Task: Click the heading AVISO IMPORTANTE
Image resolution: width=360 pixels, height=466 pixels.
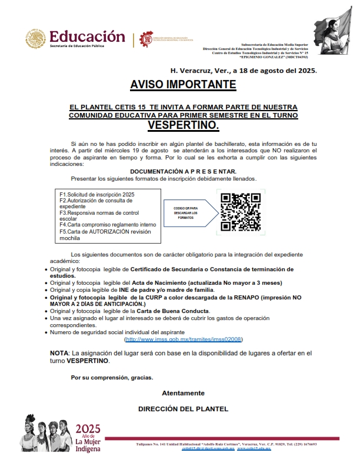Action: point(183,85)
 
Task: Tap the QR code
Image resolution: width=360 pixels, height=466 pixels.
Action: point(240,212)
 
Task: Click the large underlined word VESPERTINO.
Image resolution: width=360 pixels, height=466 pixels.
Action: point(183,125)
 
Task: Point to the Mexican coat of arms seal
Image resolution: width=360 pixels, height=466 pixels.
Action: point(35,39)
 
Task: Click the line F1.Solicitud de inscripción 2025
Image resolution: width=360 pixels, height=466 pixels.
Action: point(97,194)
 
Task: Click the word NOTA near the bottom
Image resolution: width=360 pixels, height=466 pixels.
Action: point(59,352)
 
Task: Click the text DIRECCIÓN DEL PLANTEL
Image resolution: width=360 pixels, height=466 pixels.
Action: point(183,408)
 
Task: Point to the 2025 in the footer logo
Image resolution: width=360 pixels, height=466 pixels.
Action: point(88,429)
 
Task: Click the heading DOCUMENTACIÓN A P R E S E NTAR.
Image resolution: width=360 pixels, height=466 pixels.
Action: point(183,171)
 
